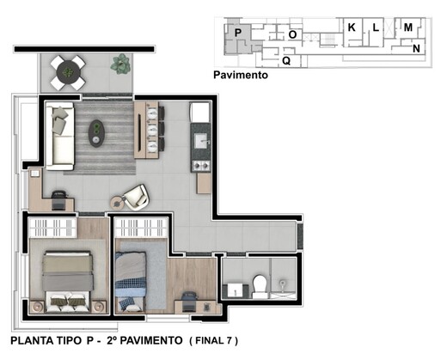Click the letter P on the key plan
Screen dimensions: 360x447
(237, 33)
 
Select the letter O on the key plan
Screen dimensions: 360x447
(292, 34)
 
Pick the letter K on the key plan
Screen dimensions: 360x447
(352, 27)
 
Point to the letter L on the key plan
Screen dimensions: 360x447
(376, 28)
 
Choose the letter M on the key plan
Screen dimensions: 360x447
(407, 28)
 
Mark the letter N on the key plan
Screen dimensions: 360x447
(416, 49)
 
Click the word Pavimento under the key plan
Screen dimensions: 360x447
(240, 76)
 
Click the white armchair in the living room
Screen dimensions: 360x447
(134, 197)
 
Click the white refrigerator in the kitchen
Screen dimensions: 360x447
(199, 113)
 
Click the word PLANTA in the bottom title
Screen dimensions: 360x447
(35, 342)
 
